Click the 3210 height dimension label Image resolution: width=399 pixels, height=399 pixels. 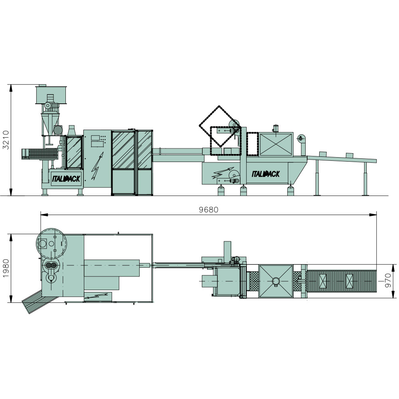pyautogui.click(x=6, y=140)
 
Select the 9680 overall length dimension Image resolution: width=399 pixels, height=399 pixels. pyautogui.click(x=208, y=210)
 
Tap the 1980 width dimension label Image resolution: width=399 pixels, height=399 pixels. pyautogui.click(x=6, y=268)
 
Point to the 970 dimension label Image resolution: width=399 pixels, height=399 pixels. pyautogui.click(x=388, y=280)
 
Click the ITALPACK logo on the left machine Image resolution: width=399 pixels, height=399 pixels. pyautogui.click(x=66, y=179)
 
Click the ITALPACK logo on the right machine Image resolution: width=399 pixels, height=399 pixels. pyautogui.click(x=266, y=174)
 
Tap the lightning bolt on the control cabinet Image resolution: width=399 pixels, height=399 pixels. pyautogui.click(x=97, y=166)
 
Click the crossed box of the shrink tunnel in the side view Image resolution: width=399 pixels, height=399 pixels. pyautogui.click(x=276, y=144)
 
